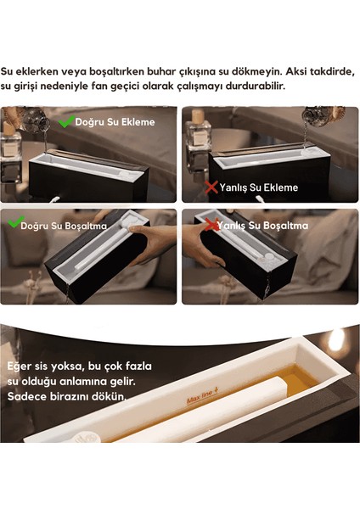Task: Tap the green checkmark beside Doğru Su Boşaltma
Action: coord(13,225)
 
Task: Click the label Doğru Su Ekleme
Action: coord(115,122)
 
